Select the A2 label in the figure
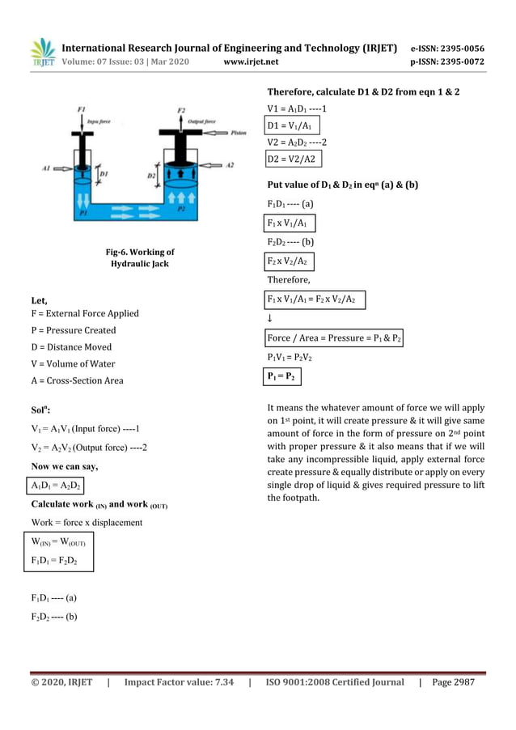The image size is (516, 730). pyautogui.click(x=229, y=164)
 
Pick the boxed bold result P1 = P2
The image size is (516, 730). pyautogui.click(x=282, y=377)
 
